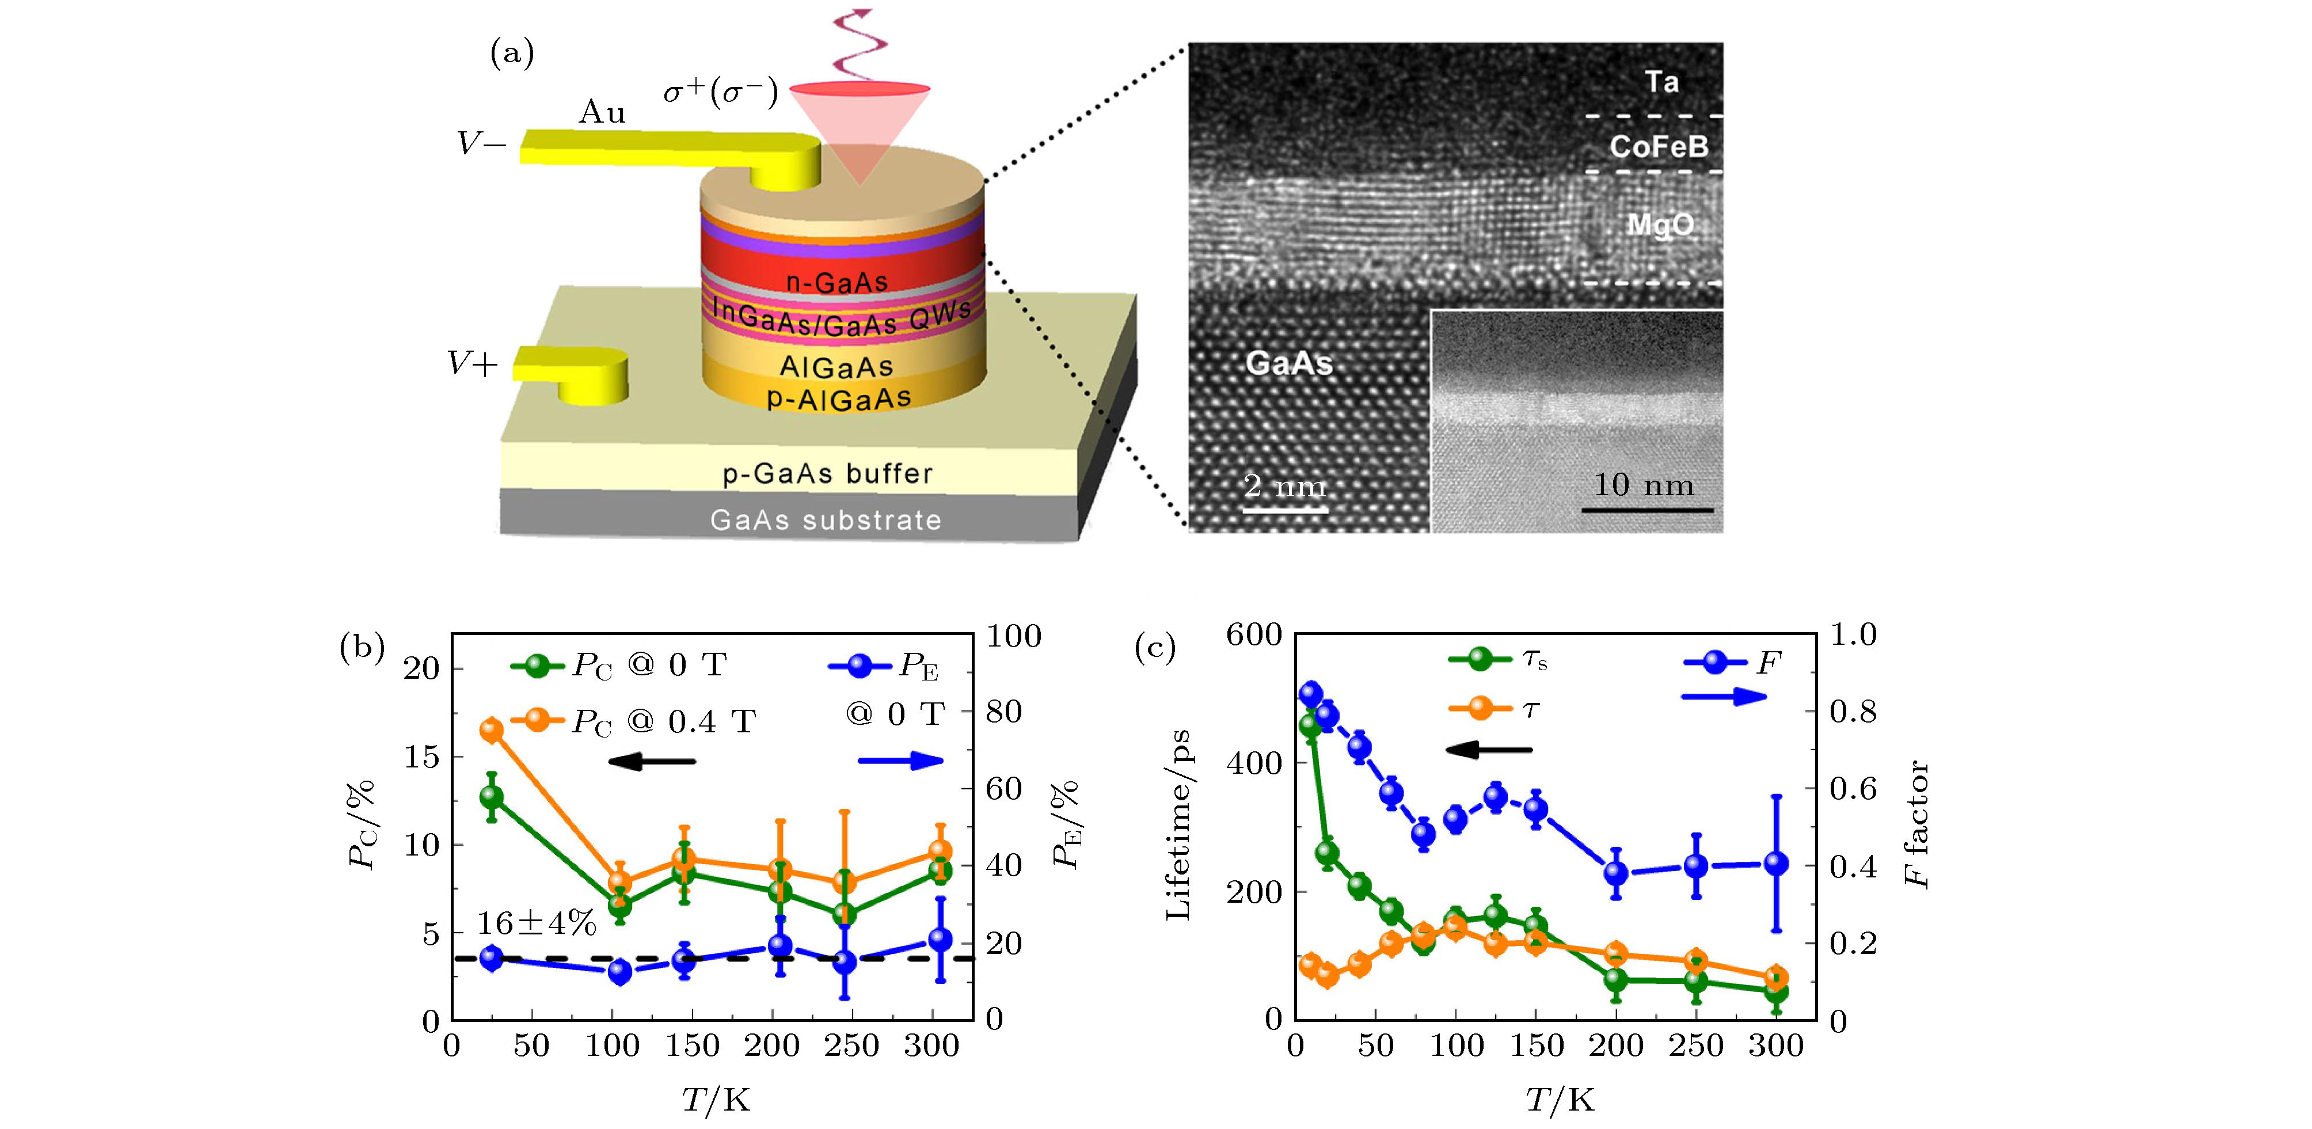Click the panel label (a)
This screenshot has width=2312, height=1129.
(x=512, y=55)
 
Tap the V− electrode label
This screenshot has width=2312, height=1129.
(x=481, y=143)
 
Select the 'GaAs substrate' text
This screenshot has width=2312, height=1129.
(x=826, y=520)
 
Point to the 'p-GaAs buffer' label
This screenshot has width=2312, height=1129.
(x=827, y=474)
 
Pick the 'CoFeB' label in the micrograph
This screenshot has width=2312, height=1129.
(x=1659, y=146)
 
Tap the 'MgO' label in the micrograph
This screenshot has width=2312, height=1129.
(x=1660, y=225)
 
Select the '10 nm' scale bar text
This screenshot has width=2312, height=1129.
(x=1644, y=485)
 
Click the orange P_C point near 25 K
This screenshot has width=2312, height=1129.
(x=492, y=729)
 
